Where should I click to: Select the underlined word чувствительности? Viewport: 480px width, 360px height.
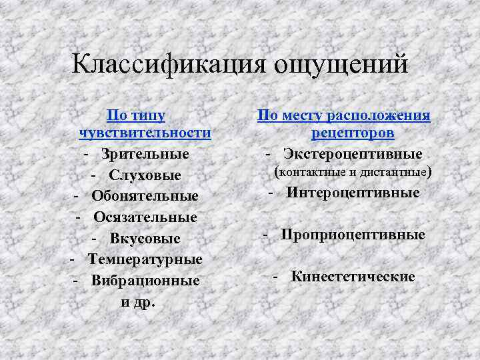pyautogui.click(x=145, y=133)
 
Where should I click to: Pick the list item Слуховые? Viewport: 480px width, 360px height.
pyautogui.click(x=145, y=175)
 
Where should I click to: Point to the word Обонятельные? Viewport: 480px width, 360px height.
pyautogui.click(x=145, y=196)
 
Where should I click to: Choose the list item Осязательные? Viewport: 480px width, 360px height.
pyautogui.click(x=145, y=217)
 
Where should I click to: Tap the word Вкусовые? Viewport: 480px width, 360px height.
pyautogui.click(x=145, y=239)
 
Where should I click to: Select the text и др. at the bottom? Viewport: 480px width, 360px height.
pyautogui.click(x=137, y=301)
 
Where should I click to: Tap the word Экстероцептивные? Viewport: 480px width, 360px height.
pyautogui.click(x=353, y=154)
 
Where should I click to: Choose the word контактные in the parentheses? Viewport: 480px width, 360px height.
pyautogui.click(x=311, y=173)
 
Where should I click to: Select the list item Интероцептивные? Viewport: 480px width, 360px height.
pyautogui.click(x=353, y=193)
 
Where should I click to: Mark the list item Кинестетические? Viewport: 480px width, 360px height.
pyautogui.click(x=353, y=276)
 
